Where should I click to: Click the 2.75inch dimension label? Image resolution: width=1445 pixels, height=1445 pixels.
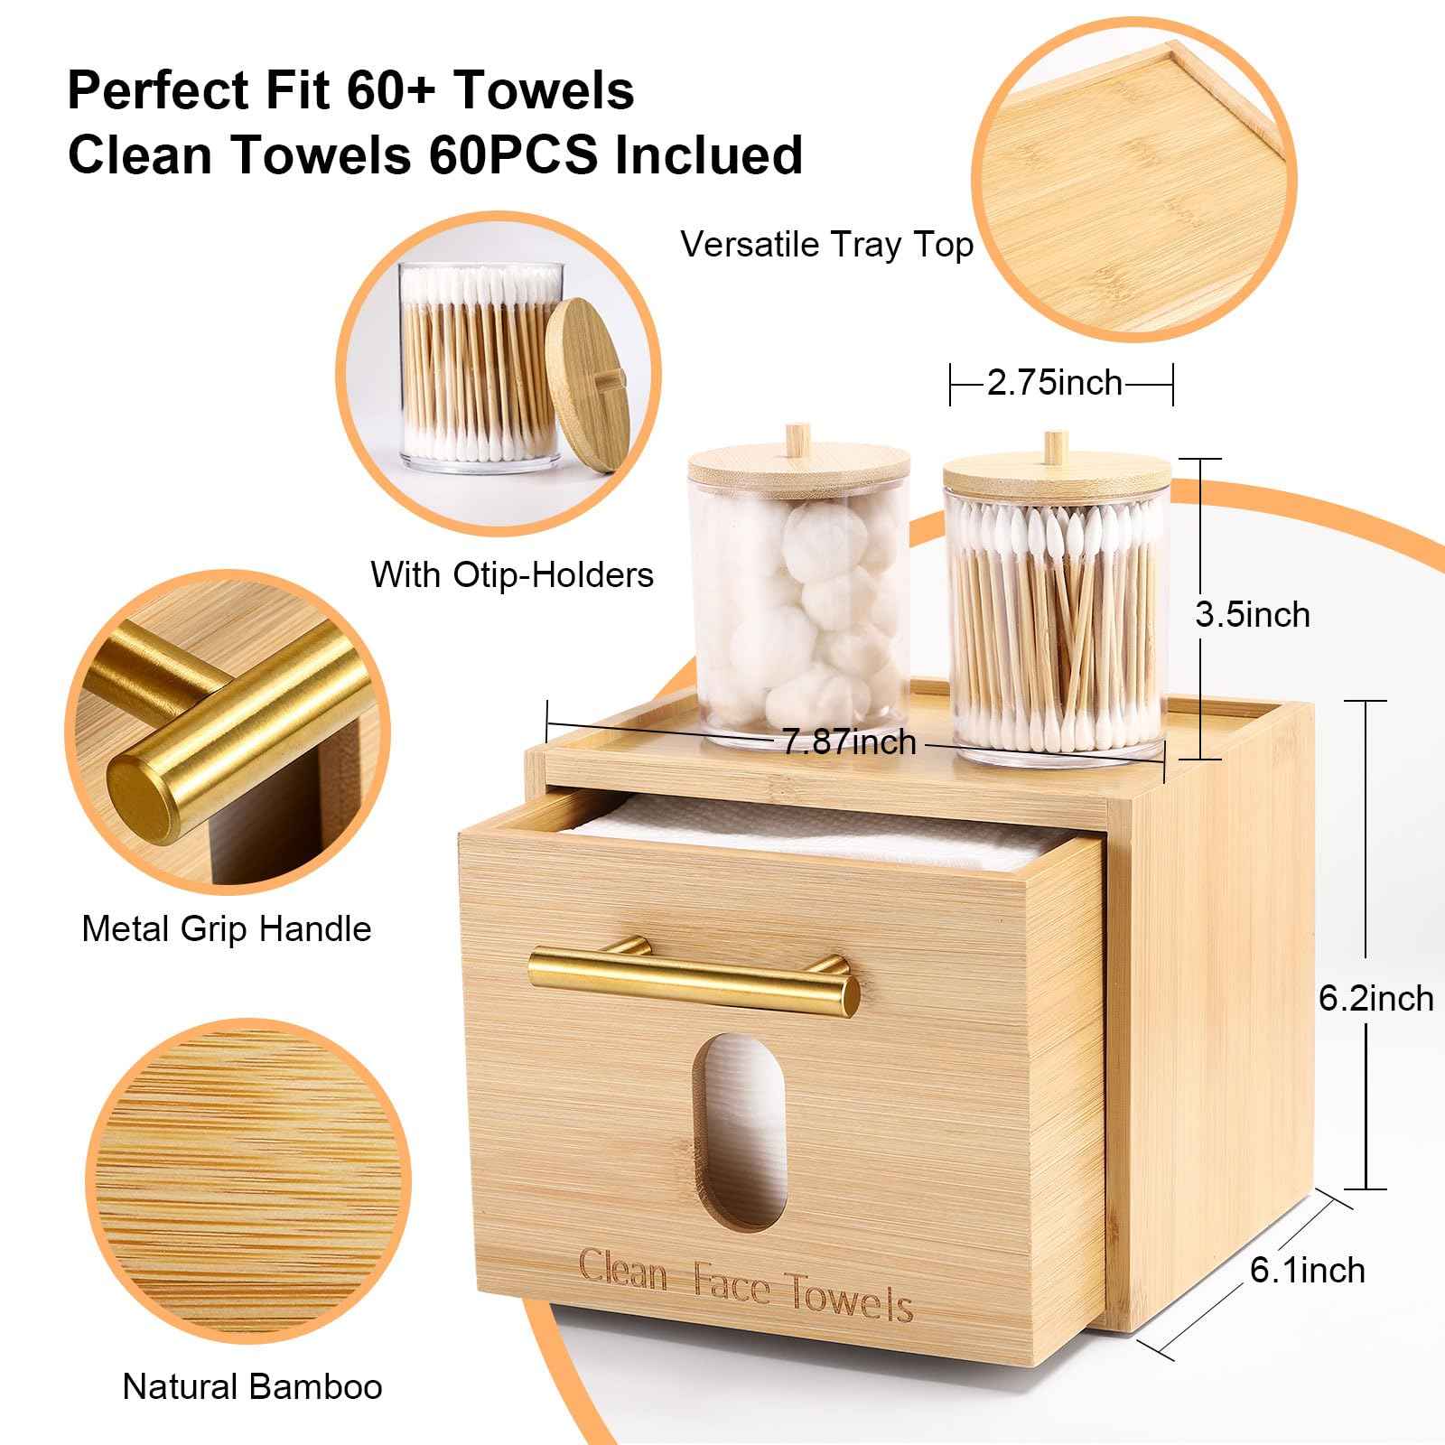tap(1054, 383)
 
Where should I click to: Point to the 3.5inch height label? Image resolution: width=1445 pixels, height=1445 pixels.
tap(1252, 615)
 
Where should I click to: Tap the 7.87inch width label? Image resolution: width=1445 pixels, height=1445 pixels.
tap(848, 742)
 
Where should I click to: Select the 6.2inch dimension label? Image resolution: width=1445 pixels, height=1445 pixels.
tap(1375, 998)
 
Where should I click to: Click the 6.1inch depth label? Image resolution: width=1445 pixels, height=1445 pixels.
tap(1307, 1270)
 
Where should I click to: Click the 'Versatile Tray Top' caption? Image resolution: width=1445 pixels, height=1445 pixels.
tap(826, 245)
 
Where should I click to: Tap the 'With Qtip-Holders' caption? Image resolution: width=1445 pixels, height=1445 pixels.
tap(511, 574)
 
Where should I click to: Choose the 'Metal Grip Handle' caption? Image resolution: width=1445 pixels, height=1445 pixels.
tap(226, 928)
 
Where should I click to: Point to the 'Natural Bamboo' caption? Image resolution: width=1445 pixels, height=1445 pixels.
tap(252, 1386)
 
